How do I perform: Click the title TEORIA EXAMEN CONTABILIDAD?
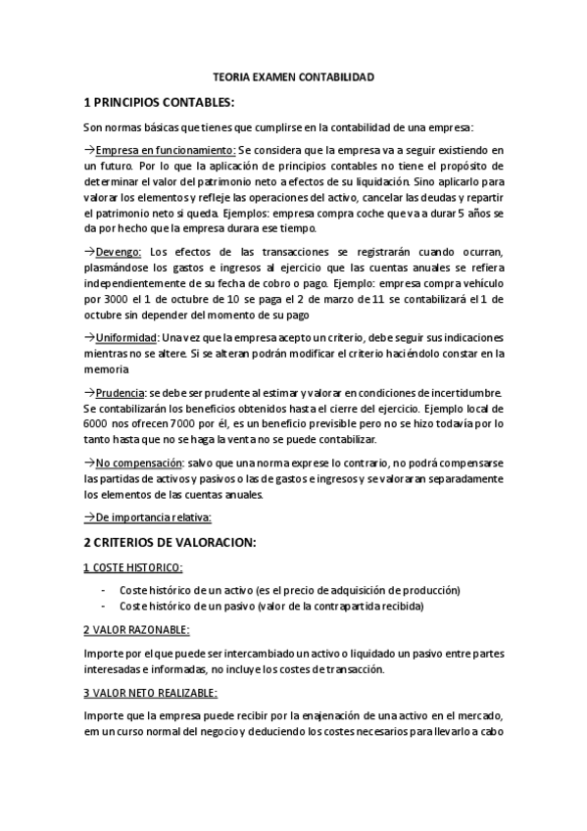[293, 75]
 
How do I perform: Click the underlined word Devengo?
[120, 252]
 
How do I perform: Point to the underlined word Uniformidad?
[127, 337]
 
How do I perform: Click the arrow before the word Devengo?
[89, 252]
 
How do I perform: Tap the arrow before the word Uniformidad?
[89, 337]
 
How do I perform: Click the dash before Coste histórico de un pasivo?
[104, 606]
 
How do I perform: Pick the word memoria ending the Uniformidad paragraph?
[105, 368]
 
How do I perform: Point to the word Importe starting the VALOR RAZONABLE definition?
[104, 653]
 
